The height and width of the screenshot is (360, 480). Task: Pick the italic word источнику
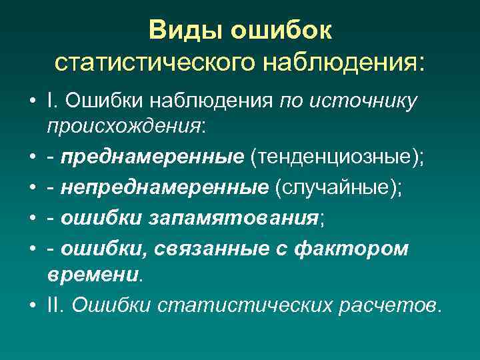(x=368, y=101)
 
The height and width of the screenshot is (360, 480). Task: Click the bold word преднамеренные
(x=152, y=157)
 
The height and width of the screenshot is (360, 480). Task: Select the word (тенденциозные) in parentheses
(x=337, y=157)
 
